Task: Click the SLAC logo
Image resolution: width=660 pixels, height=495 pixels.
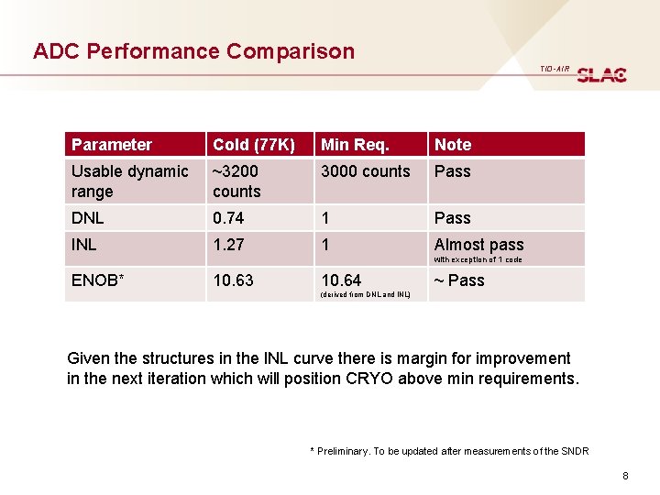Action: click(x=601, y=74)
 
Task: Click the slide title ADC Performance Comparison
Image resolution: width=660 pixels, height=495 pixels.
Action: click(x=193, y=51)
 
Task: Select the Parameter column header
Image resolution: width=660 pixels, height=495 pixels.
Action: click(x=112, y=145)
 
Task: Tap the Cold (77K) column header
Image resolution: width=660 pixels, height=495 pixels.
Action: click(x=254, y=145)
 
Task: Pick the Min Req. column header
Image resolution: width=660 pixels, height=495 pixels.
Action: click(x=355, y=145)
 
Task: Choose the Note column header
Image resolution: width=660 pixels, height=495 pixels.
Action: click(x=453, y=145)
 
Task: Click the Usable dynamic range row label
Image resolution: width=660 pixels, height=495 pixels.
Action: click(x=129, y=181)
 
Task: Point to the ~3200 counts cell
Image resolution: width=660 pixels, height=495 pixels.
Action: click(x=236, y=181)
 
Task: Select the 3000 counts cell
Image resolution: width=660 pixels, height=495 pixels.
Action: click(x=366, y=171)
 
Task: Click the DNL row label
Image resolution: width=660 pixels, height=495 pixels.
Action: click(x=88, y=218)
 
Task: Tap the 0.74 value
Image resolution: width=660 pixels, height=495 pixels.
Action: click(x=228, y=218)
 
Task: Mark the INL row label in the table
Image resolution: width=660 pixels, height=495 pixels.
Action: click(x=84, y=245)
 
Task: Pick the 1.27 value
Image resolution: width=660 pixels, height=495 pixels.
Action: click(x=228, y=245)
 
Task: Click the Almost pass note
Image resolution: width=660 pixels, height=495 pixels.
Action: click(x=478, y=245)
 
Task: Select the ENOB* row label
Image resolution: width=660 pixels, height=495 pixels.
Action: click(x=96, y=280)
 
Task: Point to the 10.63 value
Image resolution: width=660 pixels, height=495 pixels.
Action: click(x=233, y=280)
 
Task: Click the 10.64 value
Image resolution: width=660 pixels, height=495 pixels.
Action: click(x=341, y=280)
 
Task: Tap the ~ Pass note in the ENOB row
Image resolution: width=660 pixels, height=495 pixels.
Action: click(x=459, y=280)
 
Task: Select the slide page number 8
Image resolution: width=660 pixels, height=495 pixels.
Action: click(x=624, y=476)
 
